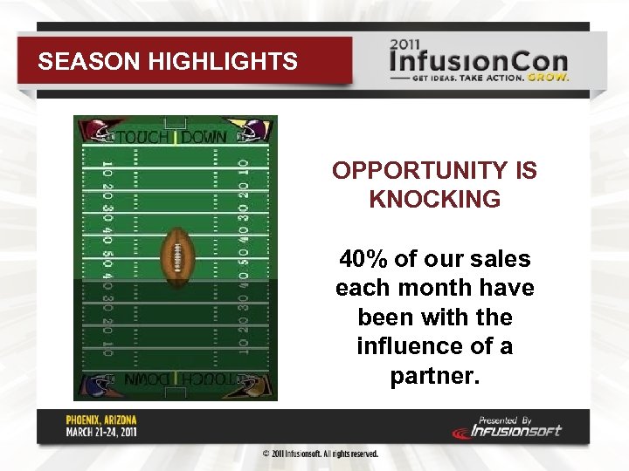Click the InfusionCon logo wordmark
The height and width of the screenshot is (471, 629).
pyautogui.click(x=479, y=63)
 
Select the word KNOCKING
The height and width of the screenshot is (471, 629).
pyautogui.click(x=434, y=199)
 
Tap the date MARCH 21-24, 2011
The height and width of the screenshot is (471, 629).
pyautogui.click(x=102, y=431)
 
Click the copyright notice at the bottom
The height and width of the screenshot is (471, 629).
pyautogui.click(x=321, y=454)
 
